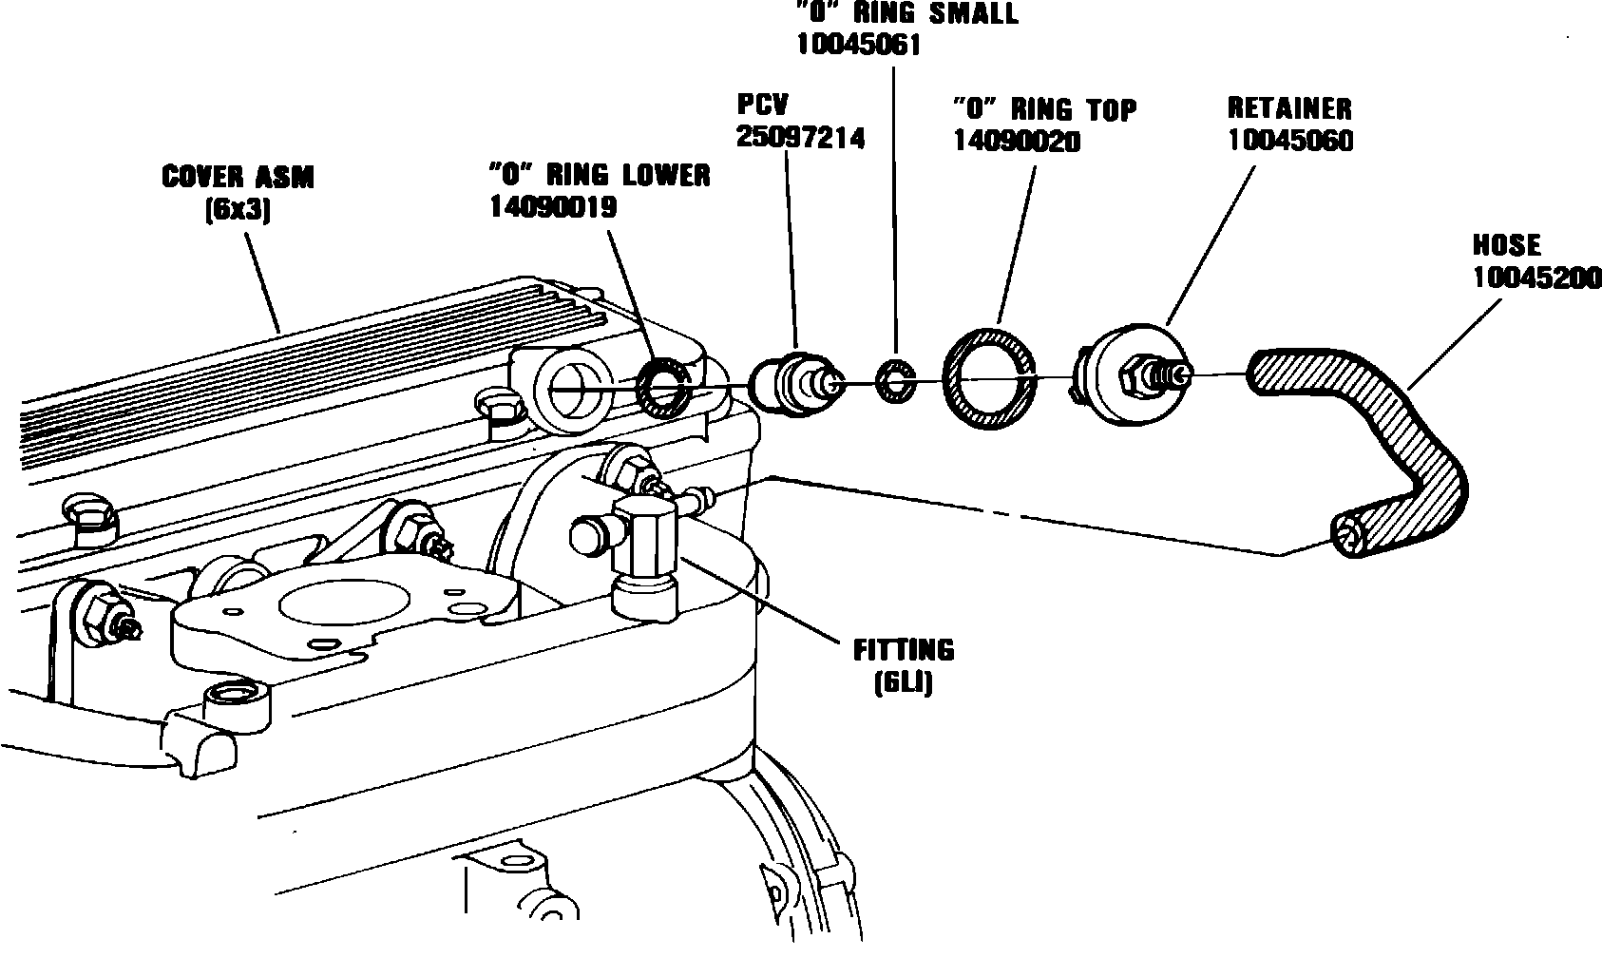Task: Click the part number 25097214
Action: pos(800,138)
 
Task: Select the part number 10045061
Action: pos(859,45)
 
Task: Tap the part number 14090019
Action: pos(552,206)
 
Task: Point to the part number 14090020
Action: pos(1017,142)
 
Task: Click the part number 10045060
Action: pos(1290,141)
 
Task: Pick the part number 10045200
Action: pos(1536,278)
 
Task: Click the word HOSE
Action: pos(1506,245)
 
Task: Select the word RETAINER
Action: pos(1289,108)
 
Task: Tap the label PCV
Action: pos(763,105)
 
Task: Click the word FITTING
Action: pos(903,650)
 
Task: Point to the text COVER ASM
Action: pos(238,177)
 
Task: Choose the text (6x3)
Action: pos(238,209)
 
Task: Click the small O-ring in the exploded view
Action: pos(895,382)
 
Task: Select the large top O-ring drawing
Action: pos(987,377)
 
